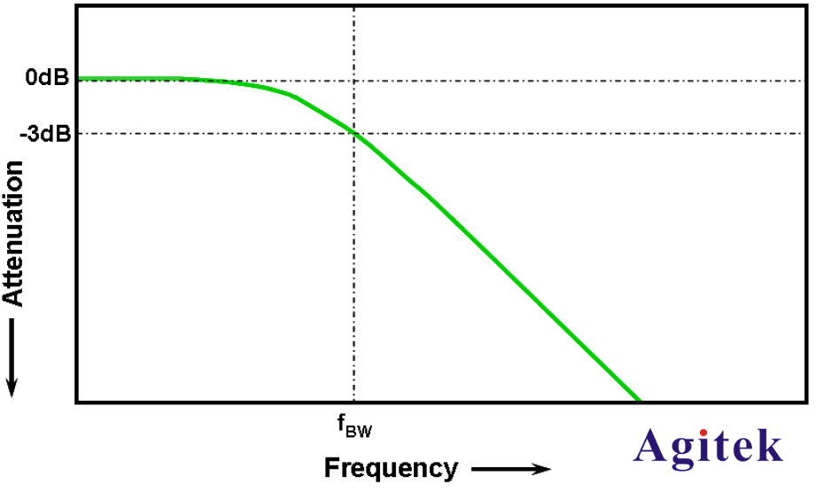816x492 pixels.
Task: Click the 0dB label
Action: click(x=47, y=78)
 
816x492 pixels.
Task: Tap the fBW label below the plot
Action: click(x=354, y=427)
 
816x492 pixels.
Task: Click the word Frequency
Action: click(x=391, y=468)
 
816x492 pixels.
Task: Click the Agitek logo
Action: click(x=709, y=445)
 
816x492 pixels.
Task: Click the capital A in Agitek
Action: click(x=652, y=445)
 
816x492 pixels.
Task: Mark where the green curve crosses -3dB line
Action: click(x=354, y=134)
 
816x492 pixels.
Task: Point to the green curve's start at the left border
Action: click(x=80, y=79)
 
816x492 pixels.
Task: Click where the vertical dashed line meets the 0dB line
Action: click(x=354, y=79)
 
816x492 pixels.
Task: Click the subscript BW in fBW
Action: click(x=359, y=432)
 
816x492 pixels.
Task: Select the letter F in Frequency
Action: click(x=331, y=468)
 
